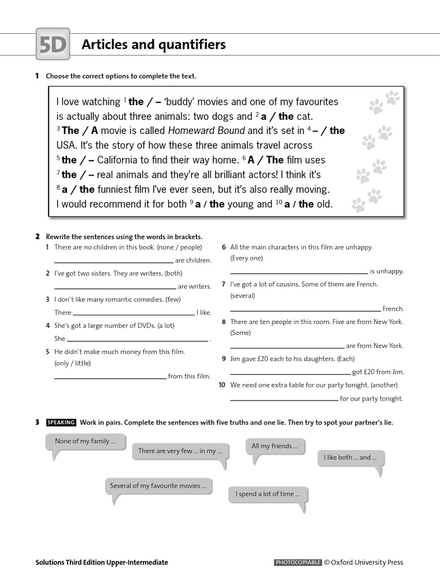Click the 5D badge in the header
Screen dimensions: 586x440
click(x=53, y=45)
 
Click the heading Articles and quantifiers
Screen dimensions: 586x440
click(x=154, y=45)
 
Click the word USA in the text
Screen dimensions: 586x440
click(x=66, y=145)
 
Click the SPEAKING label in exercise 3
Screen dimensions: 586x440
click(x=61, y=422)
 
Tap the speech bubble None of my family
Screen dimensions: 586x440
click(x=85, y=442)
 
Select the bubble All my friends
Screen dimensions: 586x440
click(x=274, y=446)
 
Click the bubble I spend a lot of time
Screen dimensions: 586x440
click(x=268, y=494)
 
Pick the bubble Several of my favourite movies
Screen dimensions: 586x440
click(x=159, y=486)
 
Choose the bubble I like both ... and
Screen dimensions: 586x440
click(x=350, y=458)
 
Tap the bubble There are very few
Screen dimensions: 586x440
click(x=179, y=451)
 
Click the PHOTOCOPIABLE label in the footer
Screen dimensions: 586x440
click(x=298, y=563)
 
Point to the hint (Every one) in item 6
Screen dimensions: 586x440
click(x=246, y=258)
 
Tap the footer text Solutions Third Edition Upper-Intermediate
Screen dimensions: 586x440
click(x=101, y=563)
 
